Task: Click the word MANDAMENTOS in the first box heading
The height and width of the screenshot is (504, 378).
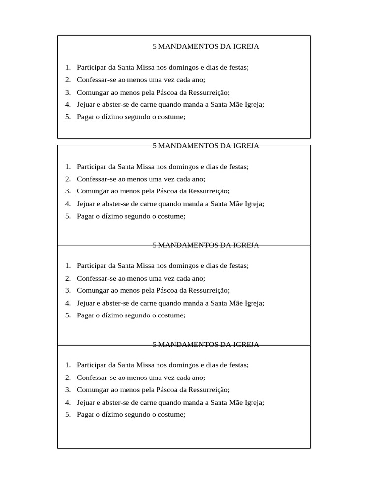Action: click(189, 47)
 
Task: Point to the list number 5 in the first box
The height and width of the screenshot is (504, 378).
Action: click(67, 117)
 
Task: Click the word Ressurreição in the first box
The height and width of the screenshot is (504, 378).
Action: click(209, 92)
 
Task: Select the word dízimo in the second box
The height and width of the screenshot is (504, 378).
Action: click(111, 216)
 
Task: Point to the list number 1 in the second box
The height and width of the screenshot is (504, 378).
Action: click(67, 167)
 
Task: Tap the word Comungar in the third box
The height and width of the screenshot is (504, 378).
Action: click(93, 291)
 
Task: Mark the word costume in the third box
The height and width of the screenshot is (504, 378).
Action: click(170, 315)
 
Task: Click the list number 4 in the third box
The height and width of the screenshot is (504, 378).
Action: click(67, 303)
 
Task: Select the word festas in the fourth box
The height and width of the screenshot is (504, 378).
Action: click(237, 365)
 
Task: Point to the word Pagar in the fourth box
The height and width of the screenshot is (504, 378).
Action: click(86, 414)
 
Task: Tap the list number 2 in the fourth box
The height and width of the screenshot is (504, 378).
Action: click(67, 378)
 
